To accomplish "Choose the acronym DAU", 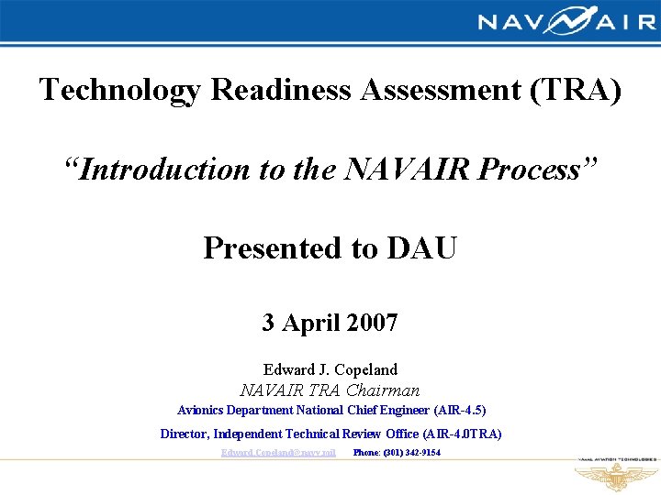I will [422, 248].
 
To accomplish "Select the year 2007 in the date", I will [371, 323].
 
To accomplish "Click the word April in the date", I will [310, 323].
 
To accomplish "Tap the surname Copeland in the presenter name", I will [365, 370].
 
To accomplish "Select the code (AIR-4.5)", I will [457, 411].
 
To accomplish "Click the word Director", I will [185, 434].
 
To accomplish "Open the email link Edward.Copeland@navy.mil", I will [278, 453].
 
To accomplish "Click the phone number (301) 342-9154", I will [409, 453].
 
